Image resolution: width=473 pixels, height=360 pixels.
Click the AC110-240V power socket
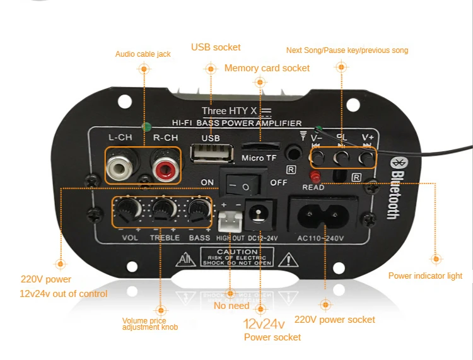point(324,214)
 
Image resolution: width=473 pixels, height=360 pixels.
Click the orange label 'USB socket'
point(216,47)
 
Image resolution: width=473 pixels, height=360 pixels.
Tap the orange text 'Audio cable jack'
point(143,54)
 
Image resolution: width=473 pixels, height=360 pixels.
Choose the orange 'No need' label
point(231,306)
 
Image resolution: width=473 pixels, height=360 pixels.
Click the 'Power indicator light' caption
point(425,276)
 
